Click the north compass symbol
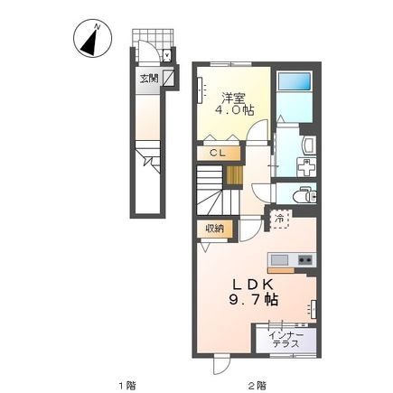tap(93, 38)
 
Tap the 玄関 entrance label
tap(149, 79)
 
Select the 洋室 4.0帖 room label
tap(234, 104)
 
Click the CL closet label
tap(218, 153)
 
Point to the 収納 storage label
tap(215, 229)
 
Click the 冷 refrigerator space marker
tap(280, 220)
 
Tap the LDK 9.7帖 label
tap(253, 292)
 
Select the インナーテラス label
tap(285, 340)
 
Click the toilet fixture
tap(304, 196)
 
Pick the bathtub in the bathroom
tap(295, 81)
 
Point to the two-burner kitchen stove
tap(306, 260)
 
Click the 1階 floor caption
tap(126, 385)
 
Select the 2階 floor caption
tap(257, 385)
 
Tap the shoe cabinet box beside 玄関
tap(168, 79)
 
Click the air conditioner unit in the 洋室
tap(201, 90)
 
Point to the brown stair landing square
tap(234, 175)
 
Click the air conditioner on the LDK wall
tap(313, 309)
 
